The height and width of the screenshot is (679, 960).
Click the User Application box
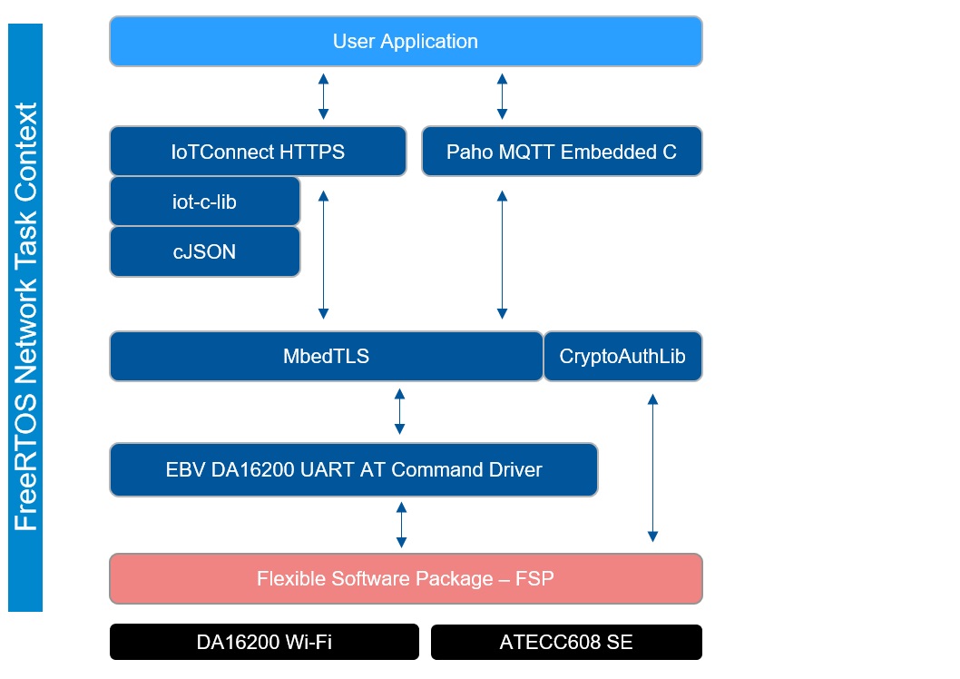[406, 42]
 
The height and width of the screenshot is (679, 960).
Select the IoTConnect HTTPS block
[258, 152]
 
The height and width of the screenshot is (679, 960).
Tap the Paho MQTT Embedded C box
[562, 152]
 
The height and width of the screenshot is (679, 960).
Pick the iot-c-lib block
[204, 202]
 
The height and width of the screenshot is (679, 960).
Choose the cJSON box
[204, 251]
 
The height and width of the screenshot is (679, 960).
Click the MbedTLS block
[326, 357]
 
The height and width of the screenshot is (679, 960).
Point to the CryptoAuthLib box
[622, 357]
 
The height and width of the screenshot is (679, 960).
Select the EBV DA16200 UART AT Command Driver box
[353, 470]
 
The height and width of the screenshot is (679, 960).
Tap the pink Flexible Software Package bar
[406, 578]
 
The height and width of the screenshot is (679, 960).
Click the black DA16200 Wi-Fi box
[264, 642]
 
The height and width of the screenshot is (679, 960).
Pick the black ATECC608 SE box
[566, 642]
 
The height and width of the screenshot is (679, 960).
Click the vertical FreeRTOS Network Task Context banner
[25, 318]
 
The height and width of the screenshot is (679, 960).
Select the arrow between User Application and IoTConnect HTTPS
[323, 96]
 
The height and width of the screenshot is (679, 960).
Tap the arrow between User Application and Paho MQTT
[502, 96]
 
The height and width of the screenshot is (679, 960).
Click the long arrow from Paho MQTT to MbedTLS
[501, 255]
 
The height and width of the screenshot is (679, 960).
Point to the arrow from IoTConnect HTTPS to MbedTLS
[323, 255]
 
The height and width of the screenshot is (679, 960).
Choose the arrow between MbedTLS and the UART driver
[399, 411]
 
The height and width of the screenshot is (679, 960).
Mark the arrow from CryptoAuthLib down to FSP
[651, 467]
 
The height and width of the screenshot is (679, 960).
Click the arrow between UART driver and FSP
[401, 525]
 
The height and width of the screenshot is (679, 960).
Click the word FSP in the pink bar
[534, 578]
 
